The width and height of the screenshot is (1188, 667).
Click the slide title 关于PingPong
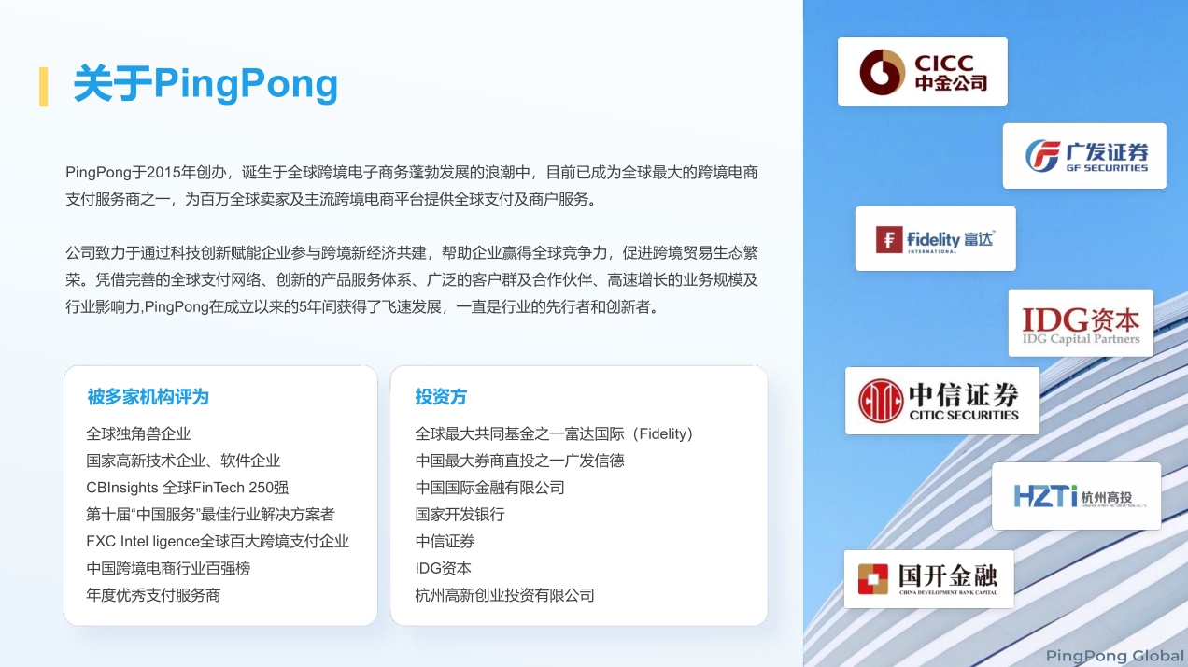205,84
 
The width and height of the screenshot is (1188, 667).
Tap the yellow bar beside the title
44,87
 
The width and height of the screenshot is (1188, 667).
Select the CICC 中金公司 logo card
923,72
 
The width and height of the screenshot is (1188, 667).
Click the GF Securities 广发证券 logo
1084,156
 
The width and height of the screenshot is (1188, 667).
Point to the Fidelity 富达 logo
936,239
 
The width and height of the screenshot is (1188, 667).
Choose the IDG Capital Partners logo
1081,323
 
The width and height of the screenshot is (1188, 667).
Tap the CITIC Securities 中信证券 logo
942,401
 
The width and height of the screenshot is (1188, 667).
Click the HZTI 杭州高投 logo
1076,496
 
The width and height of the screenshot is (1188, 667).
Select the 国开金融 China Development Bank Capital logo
928,579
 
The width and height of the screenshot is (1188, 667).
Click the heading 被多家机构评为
148,397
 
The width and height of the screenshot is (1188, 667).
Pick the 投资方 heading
441,397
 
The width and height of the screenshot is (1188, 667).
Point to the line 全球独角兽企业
138,434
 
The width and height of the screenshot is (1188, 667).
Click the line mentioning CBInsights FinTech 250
187,488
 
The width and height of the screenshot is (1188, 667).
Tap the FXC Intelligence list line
218,541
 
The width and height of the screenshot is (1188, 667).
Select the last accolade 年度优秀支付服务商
153,595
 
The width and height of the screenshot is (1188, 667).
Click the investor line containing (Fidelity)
554,434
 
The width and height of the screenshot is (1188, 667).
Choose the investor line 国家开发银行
460,515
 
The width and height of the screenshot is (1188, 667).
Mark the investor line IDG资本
443,568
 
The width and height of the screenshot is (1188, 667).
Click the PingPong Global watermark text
1115,656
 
